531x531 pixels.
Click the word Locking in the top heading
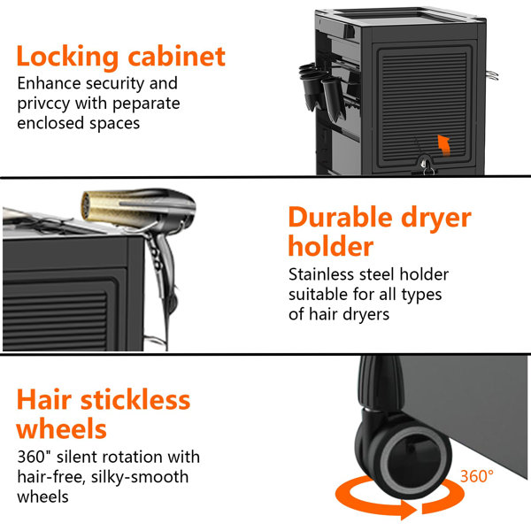67,58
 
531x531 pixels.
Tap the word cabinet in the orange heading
176,56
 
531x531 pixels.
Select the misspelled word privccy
43,104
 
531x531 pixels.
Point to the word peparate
146,104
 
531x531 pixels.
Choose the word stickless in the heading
135,400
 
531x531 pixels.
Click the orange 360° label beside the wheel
476,476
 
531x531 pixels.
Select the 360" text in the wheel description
34,457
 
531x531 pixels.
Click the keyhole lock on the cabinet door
426,165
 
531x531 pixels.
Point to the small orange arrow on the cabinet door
444,145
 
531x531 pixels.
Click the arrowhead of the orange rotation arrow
409,510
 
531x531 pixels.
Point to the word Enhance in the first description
49,83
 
